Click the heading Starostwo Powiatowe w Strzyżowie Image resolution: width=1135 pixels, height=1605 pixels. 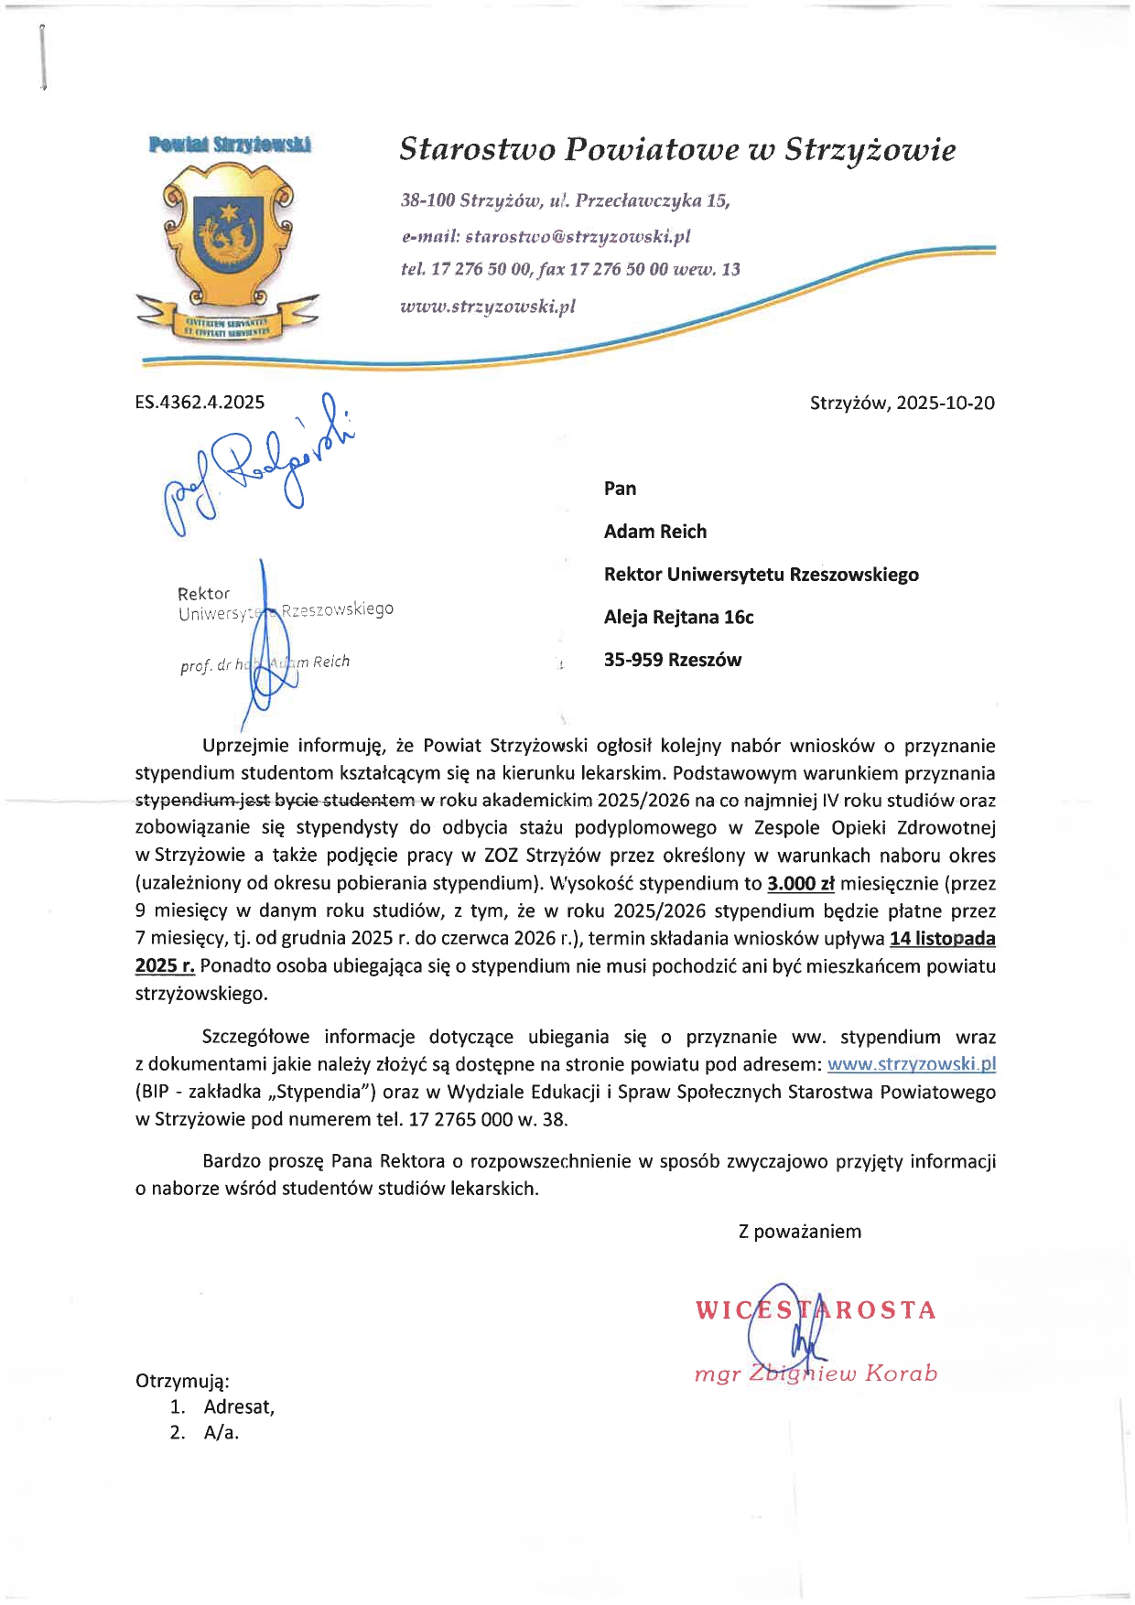[x=677, y=149]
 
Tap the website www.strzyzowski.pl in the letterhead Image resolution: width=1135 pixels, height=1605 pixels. [x=488, y=306]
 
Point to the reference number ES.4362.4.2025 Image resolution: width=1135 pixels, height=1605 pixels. [x=200, y=402]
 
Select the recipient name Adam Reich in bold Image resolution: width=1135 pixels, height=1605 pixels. [x=655, y=532]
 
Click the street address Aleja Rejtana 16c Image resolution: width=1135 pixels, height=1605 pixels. [x=678, y=617]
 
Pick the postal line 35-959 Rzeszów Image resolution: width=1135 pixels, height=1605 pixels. [x=673, y=660]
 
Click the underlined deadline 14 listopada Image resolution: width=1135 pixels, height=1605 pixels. [x=942, y=938]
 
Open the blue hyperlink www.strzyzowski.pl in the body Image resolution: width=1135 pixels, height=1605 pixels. [x=911, y=1064]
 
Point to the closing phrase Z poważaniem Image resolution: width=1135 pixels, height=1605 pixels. [x=799, y=1232]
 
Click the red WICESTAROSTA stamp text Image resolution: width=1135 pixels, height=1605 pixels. [x=815, y=1310]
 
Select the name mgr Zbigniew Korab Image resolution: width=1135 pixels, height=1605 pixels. [x=816, y=1373]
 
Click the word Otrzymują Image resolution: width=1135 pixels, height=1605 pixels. [x=182, y=1381]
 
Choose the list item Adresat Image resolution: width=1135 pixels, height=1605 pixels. [x=239, y=1406]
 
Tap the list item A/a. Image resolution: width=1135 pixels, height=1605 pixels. [x=222, y=1433]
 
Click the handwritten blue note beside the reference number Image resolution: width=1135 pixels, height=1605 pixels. [x=256, y=462]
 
